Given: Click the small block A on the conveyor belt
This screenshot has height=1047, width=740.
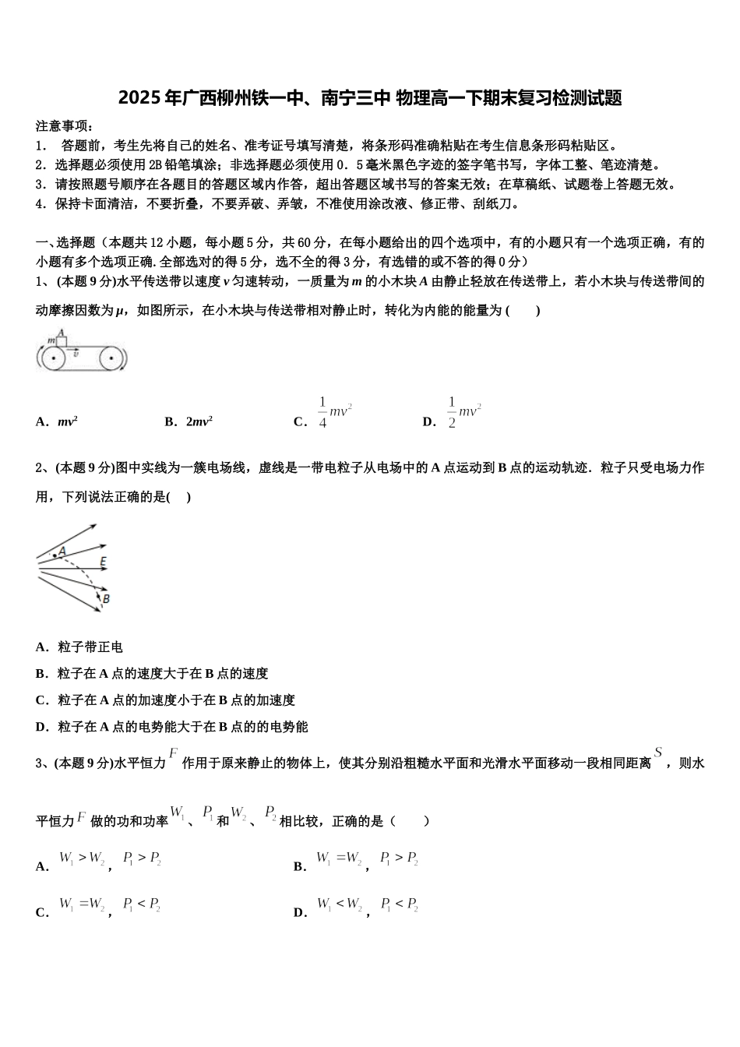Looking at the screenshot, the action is tap(62, 340).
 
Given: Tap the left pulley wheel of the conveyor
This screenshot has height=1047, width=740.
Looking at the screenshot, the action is tap(52, 359).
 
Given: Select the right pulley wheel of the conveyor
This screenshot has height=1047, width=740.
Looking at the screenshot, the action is tap(111, 359).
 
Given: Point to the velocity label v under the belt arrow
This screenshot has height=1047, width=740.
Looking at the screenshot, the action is tap(76, 355).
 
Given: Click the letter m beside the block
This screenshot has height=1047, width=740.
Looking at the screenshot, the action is tap(51, 340).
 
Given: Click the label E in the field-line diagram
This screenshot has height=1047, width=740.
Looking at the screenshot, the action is tap(103, 561).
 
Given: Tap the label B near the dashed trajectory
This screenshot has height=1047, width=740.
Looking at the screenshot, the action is tap(106, 598).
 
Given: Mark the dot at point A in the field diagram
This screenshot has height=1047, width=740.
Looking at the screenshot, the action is tap(54, 555).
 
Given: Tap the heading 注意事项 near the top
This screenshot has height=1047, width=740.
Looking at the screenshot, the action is tap(65, 126).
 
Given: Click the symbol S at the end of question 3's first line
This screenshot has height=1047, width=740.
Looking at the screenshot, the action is tap(658, 753).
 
